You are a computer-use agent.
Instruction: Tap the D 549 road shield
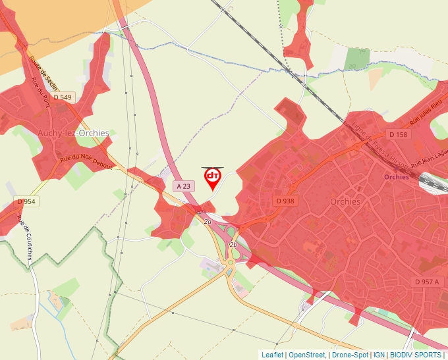pyautogui.click(x=63, y=97)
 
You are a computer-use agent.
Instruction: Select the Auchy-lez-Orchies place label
pyautogui.click(x=73, y=133)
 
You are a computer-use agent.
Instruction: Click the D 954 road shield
pyautogui.click(x=26, y=201)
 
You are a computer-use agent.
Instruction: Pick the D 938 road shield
pyautogui.click(x=285, y=201)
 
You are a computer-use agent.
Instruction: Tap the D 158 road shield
pyautogui.click(x=398, y=134)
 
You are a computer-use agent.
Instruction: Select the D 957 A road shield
pyautogui.click(x=426, y=282)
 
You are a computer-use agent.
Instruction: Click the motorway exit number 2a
pyautogui.click(x=208, y=222)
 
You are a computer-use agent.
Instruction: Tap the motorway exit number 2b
pyautogui.click(x=233, y=244)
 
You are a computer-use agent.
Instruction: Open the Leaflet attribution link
pyautogui.click(x=272, y=355)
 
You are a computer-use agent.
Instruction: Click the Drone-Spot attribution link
pyautogui.click(x=350, y=355)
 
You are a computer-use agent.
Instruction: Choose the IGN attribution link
pyautogui.click(x=379, y=355)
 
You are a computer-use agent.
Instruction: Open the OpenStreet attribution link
pyautogui.click(x=306, y=355)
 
